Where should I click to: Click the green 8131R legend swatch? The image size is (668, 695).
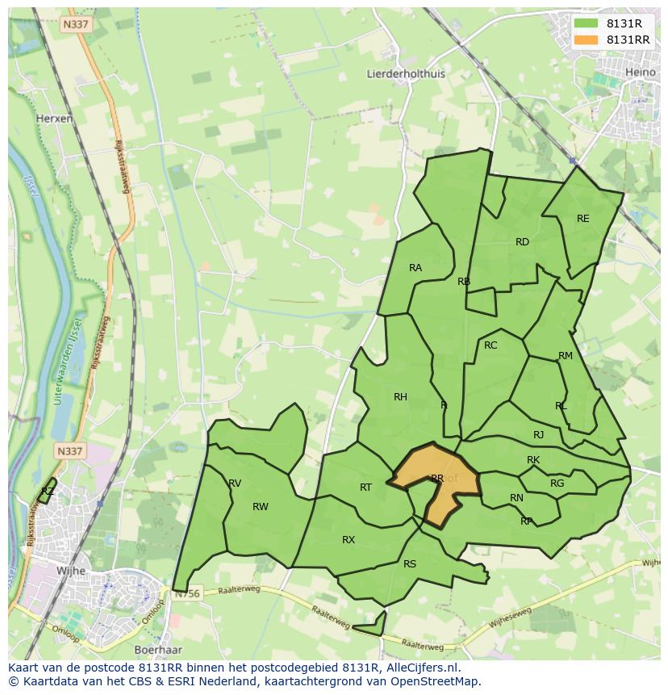[587, 23]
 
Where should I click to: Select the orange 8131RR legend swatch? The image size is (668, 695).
[587, 40]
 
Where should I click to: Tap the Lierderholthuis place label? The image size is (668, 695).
[406, 73]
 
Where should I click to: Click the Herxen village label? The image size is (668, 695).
[55, 118]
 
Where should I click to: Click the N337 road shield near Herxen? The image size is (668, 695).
[76, 24]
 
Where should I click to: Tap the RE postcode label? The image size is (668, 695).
[582, 219]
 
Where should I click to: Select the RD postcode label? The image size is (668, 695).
[522, 242]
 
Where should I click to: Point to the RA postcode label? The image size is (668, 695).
[415, 268]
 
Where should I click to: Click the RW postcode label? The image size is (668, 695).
[260, 507]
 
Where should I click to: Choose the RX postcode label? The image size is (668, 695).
[349, 540]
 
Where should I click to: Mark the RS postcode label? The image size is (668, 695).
[410, 564]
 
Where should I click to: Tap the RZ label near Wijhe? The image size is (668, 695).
[48, 491]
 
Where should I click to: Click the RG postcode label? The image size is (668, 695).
[557, 484]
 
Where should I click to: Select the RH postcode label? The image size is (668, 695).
[400, 396]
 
